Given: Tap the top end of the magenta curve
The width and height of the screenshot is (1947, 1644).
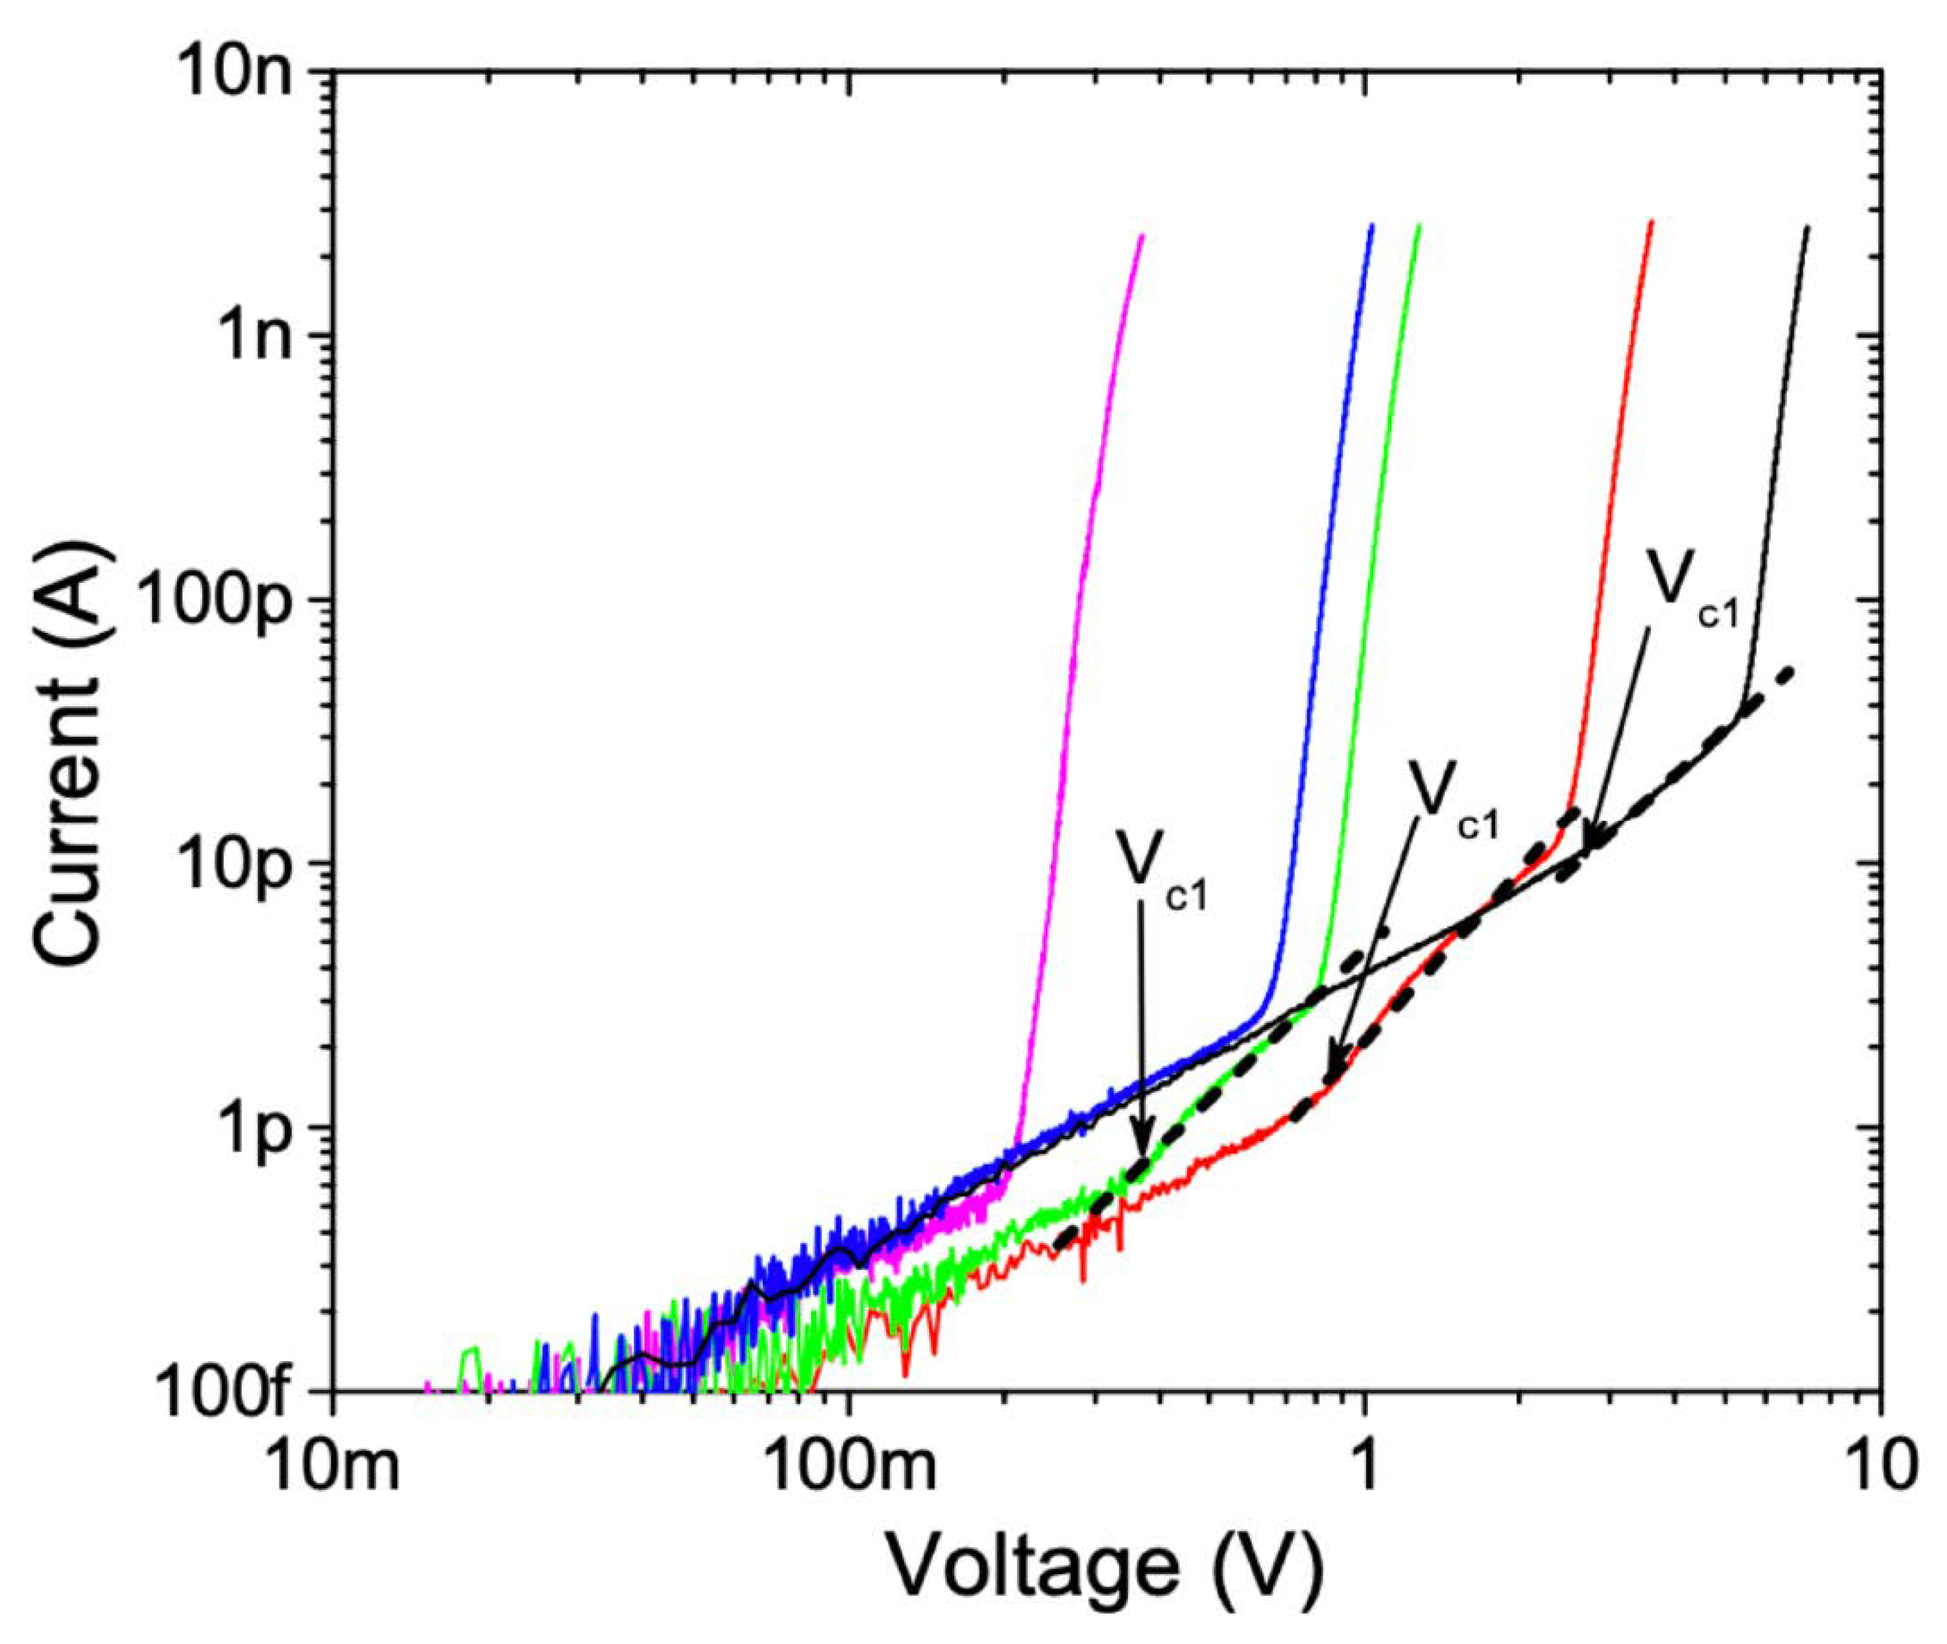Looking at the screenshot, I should point(1141,237).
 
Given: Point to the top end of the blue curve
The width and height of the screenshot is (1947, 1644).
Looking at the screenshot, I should point(1371,225).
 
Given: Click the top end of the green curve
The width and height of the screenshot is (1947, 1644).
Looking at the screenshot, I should point(1418,225).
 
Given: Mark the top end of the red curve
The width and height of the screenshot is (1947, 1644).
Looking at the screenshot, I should point(1651,222).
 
